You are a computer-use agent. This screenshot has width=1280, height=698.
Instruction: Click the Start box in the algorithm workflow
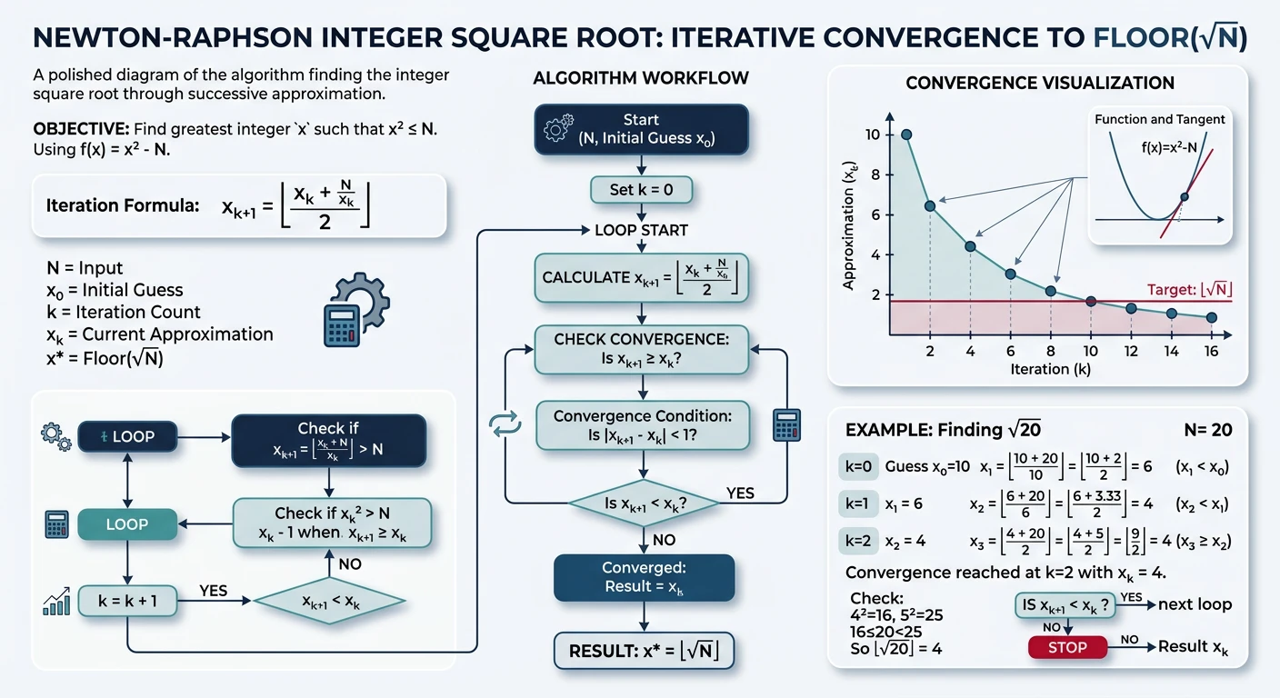click(642, 129)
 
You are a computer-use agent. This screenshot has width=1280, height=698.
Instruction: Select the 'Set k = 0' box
click(641, 189)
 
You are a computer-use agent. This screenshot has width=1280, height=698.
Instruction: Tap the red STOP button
click(1068, 647)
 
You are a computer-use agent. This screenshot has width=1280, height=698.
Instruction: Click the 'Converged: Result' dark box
click(644, 577)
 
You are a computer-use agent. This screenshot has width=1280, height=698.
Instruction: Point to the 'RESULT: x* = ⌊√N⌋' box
click(644, 651)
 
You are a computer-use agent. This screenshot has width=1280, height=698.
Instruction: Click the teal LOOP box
click(127, 524)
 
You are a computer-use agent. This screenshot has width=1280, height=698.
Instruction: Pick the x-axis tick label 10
click(1091, 351)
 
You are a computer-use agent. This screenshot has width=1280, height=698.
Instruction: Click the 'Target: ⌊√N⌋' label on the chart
click(1188, 290)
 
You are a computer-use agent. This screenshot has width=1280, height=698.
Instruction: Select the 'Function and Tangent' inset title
click(1159, 119)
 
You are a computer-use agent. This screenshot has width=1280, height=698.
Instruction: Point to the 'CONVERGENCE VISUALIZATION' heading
click(1040, 84)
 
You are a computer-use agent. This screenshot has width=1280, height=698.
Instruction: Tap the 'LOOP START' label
click(641, 230)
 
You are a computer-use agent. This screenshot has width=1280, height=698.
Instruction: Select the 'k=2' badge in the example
click(858, 541)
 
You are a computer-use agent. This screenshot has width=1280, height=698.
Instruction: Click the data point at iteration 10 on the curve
click(1091, 301)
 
